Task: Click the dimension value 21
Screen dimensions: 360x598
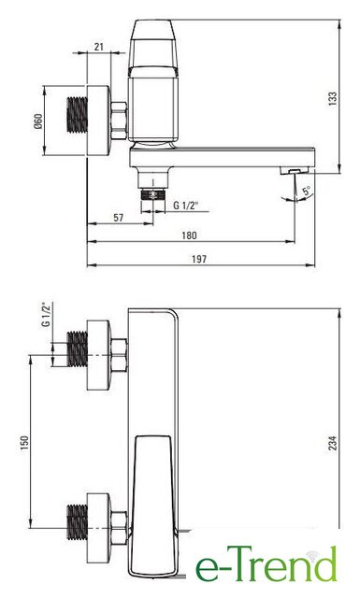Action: pyautogui.click(x=99, y=47)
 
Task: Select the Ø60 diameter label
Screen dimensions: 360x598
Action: pyautogui.click(x=38, y=121)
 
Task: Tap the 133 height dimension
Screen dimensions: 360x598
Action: pyautogui.click(x=333, y=98)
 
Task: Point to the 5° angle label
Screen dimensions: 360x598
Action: pyautogui.click(x=307, y=191)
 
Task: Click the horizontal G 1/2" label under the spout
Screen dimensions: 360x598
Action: pyautogui.click(x=186, y=206)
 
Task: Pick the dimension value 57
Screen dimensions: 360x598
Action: pyautogui.click(x=119, y=218)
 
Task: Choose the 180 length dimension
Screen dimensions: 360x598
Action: pyautogui.click(x=190, y=235)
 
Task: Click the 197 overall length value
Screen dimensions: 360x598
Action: pyautogui.click(x=199, y=260)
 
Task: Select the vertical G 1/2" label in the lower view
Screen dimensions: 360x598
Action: pyautogui.click(x=46, y=315)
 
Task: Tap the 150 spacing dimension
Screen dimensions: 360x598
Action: pyautogui.click(x=24, y=442)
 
